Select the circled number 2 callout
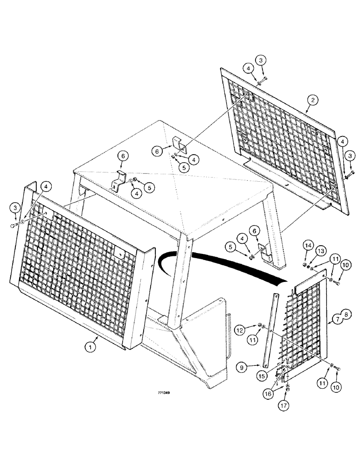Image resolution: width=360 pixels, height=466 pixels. click(313, 99)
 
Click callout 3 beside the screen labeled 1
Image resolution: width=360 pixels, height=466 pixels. click(15, 206)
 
